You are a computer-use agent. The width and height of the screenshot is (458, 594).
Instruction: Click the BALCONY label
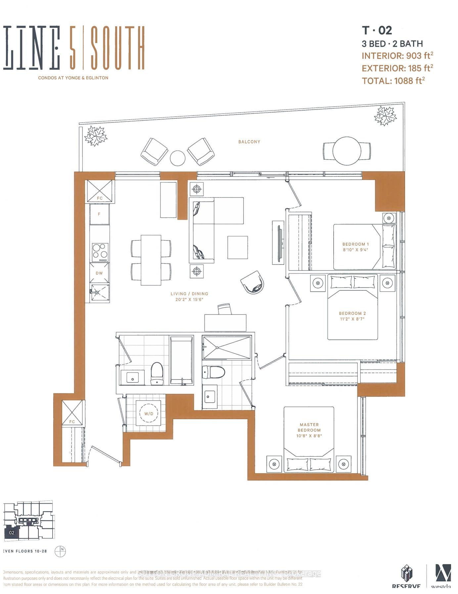pyautogui.click(x=249, y=142)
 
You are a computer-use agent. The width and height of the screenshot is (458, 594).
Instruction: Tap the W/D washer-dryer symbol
pyautogui.click(x=149, y=414)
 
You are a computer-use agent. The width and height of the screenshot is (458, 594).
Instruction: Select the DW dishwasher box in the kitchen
pyautogui.click(x=99, y=273)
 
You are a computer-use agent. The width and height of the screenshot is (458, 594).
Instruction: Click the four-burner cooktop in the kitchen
pyautogui.click(x=100, y=251)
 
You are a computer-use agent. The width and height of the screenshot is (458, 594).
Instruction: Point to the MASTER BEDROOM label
pyautogui.click(x=309, y=427)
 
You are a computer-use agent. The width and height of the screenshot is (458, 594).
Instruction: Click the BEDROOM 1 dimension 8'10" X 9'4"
pyautogui.click(x=355, y=250)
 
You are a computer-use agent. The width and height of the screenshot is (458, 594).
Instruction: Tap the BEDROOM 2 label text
pyautogui.click(x=352, y=313)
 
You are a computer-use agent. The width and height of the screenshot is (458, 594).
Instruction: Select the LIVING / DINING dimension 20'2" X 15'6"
pyautogui.click(x=189, y=299)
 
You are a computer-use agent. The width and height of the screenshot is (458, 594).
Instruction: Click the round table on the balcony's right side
pyautogui.click(x=347, y=151)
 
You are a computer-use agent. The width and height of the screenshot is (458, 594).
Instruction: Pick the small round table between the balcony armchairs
pyautogui.click(x=178, y=158)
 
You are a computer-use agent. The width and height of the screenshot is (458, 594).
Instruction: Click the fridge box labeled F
pyautogui.click(x=99, y=214)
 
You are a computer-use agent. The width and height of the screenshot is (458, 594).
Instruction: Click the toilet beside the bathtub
pyautogui.click(x=157, y=373)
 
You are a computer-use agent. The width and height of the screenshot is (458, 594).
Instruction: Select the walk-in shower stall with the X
pyautogui.click(x=227, y=347)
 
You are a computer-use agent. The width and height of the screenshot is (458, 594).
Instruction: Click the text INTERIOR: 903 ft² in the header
pyautogui.click(x=397, y=56)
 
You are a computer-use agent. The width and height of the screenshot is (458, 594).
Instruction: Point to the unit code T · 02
pyautogui.click(x=377, y=30)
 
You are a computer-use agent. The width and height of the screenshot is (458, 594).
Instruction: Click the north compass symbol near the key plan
pyautogui.click(x=62, y=551)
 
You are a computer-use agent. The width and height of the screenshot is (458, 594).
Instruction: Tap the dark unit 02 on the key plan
pyautogui.click(x=12, y=532)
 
